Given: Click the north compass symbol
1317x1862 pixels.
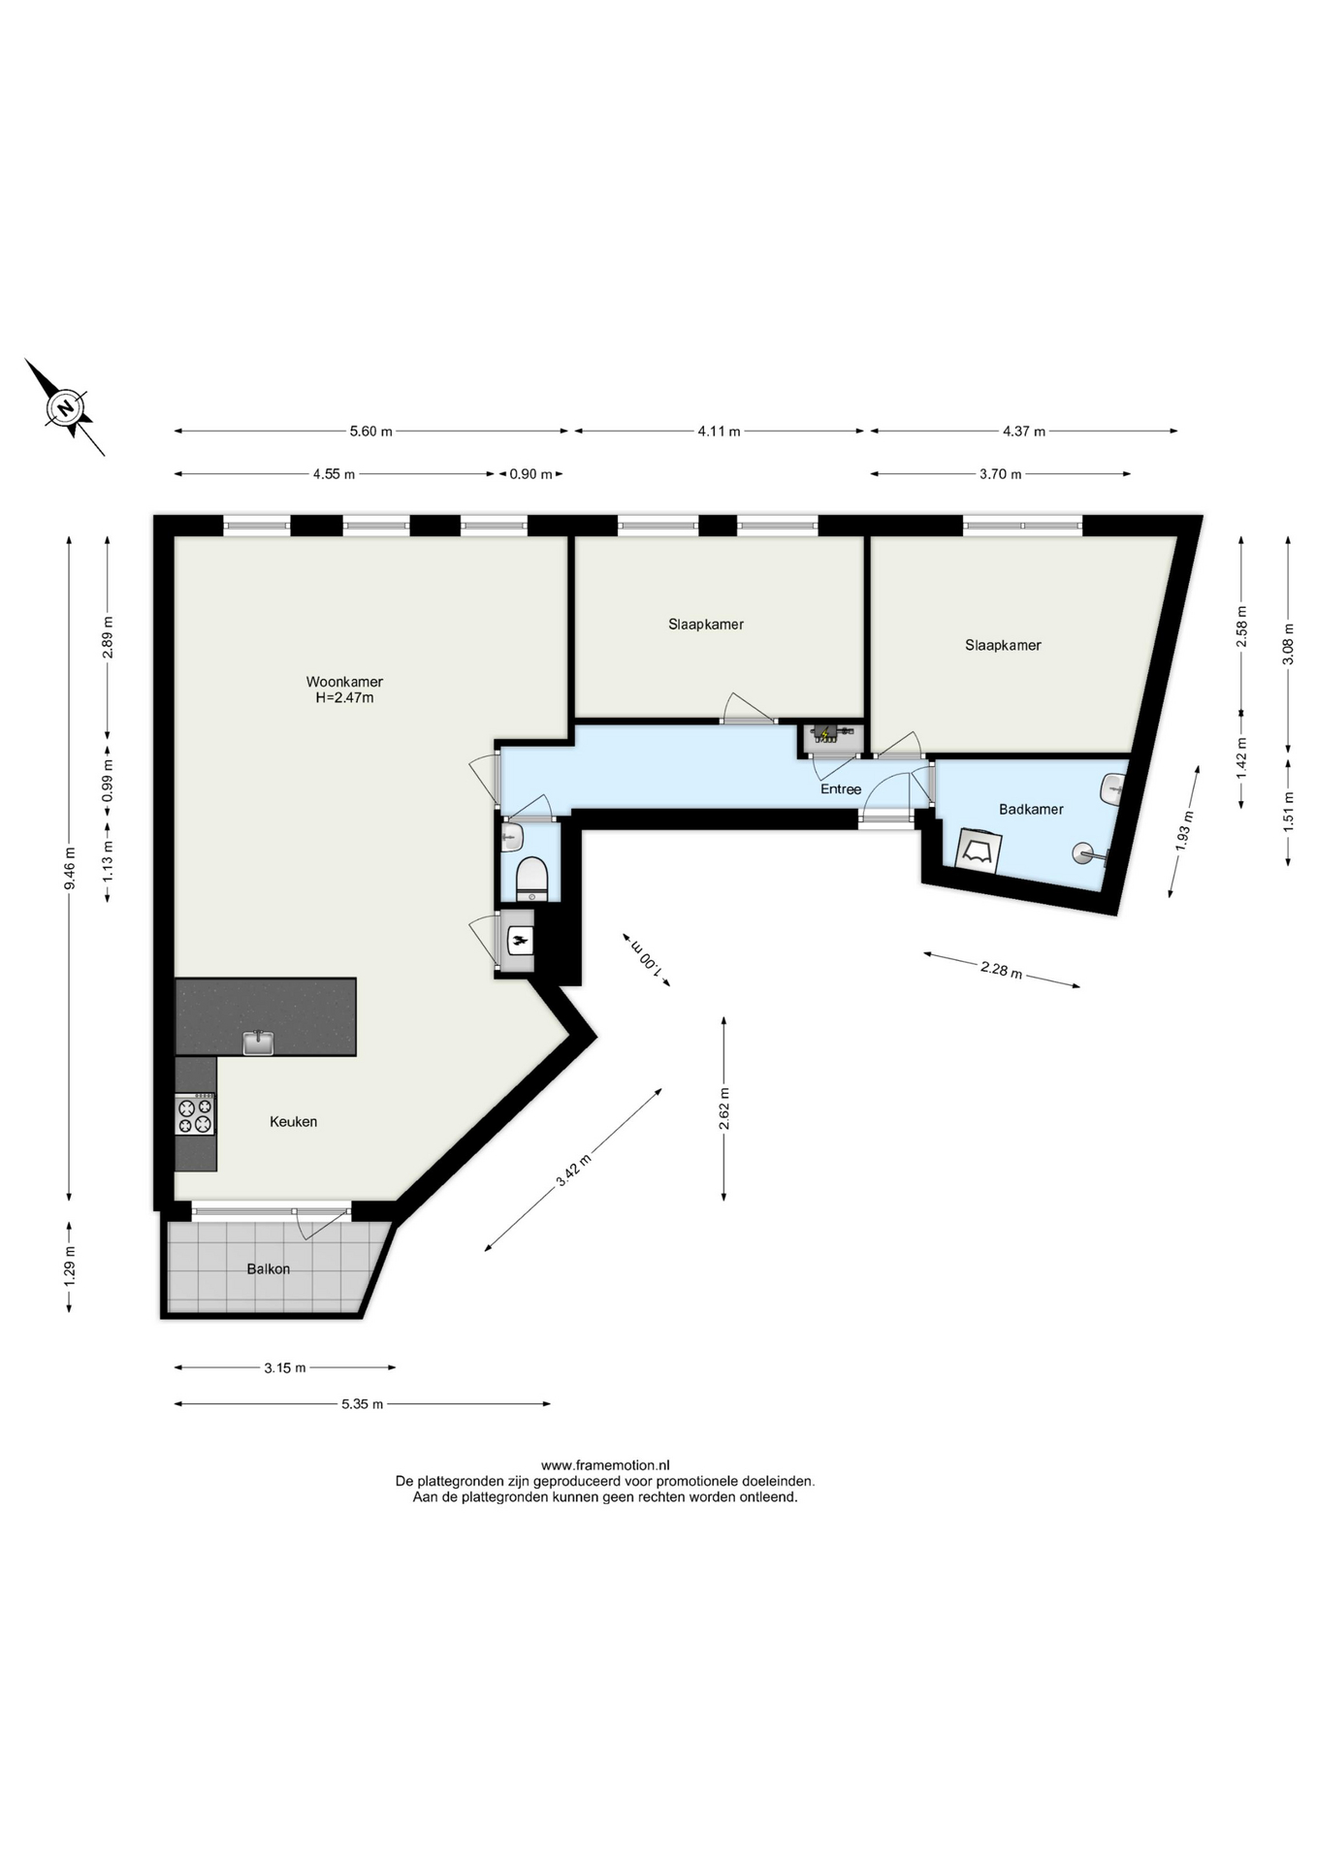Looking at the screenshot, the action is click(x=66, y=407).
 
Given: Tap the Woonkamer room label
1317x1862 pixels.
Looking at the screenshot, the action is click(x=344, y=682).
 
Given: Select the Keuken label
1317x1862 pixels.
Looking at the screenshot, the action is click(x=293, y=1121).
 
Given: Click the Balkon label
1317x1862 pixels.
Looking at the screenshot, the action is click(x=268, y=1268).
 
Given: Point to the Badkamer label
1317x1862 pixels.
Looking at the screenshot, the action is click(x=1031, y=809).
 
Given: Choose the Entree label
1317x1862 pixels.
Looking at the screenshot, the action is click(x=841, y=789).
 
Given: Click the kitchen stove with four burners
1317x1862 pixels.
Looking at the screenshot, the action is click(x=195, y=1114).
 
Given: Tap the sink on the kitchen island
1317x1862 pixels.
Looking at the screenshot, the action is click(x=258, y=1043).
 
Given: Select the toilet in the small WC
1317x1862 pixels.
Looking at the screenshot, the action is click(x=531, y=879).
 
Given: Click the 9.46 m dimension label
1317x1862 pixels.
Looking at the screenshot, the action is click(x=69, y=869).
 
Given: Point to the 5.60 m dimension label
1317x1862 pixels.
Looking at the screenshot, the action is click(x=371, y=432).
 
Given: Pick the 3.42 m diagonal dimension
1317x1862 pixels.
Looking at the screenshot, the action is click(x=573, y=1171).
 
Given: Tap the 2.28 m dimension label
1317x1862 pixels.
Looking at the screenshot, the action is click(x=1002, y=969).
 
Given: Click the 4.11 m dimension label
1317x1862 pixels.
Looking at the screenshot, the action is click(x=719, y=432).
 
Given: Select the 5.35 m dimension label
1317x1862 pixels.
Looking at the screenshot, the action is click(x=362, y=1403).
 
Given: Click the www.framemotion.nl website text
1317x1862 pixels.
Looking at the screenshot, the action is click(x=605, y=1465).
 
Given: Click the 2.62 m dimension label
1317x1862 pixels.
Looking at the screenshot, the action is click(x=723, y=1109).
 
